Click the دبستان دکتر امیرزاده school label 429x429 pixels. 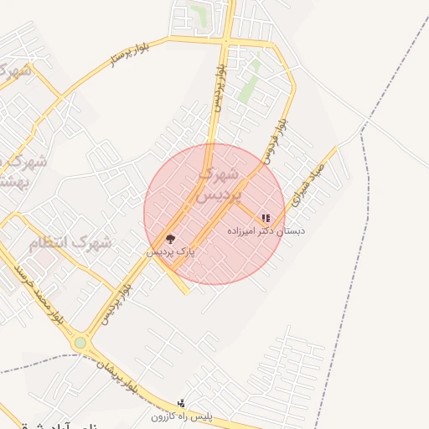coord(266,230)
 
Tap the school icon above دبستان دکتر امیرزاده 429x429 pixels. coord(266,218)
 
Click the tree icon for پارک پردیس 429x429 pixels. coord(171,240)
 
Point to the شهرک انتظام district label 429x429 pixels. coord(70,243)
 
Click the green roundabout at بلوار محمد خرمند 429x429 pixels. coord(80,343)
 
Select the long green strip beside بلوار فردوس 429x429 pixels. coord(249,84)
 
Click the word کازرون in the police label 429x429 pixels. coord(164,416)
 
